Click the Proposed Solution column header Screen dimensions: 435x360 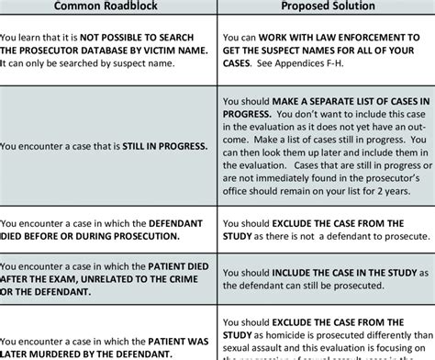(326, 6)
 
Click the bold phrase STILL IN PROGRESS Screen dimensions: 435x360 (163, 145)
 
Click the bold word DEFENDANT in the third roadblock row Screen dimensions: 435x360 (180, 222)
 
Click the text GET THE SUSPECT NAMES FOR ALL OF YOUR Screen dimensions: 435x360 (326, 51)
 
